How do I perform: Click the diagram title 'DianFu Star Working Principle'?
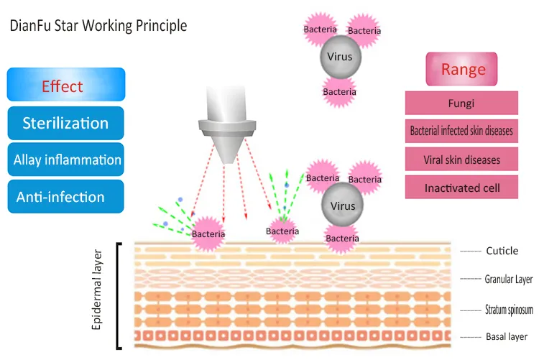click(x=98, y=26)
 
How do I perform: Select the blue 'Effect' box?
click(x=66, y=85)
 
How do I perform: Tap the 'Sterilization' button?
click(x=66, y=123)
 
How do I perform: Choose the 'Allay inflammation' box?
click(x=66, y=160)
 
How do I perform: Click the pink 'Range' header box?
click(x=461, y=70)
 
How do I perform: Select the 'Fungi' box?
click(x=461, y=103)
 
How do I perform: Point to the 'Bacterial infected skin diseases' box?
click(x=461, y=131)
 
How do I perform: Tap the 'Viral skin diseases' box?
click(x=461, y=160)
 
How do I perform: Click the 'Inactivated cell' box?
click(x=461, y=188)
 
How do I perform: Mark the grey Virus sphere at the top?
click(x=340, y=56)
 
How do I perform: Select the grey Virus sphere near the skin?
click(x=342, y=206)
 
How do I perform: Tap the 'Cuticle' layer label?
click(x=502, y=251)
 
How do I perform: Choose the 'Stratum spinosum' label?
click(x=509, y=309)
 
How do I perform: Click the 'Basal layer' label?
click(x=507, y=336)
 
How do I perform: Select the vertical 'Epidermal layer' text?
click(x=98, y=290)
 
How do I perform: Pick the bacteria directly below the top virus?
click(x=339, y=91)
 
